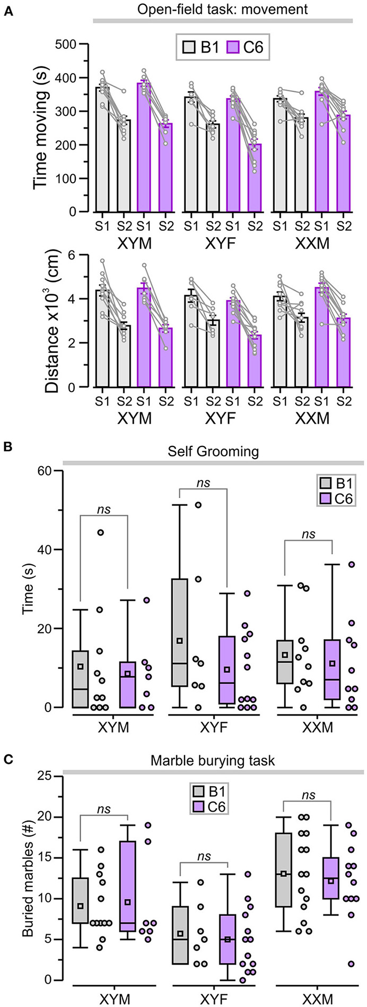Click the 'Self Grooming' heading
point(213,452)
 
